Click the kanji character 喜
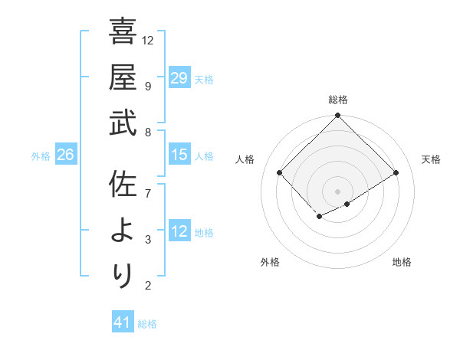tap(123, 33)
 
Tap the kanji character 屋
tap(123, 77)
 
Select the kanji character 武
tap(123, 125)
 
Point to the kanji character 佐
tap(123, 185)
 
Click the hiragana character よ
tap(123, 231)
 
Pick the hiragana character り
tap(123, 277)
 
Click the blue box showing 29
tap(179, 78)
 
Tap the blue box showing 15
tap(179, 155)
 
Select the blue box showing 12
tap(179, 232)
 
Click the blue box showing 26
tap(65, 155)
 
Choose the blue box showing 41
tap(123, 322)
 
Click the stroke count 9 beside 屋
tap(147, 86)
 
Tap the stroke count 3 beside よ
tap(147, 240)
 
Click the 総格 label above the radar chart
tap(338, 100)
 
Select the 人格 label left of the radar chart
tap(245, 159)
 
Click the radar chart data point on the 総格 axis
tap(337, 116)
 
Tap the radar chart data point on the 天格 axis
tap(397, 173)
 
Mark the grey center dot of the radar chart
tap(337, 191)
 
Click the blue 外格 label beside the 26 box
tap(41, 156)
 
